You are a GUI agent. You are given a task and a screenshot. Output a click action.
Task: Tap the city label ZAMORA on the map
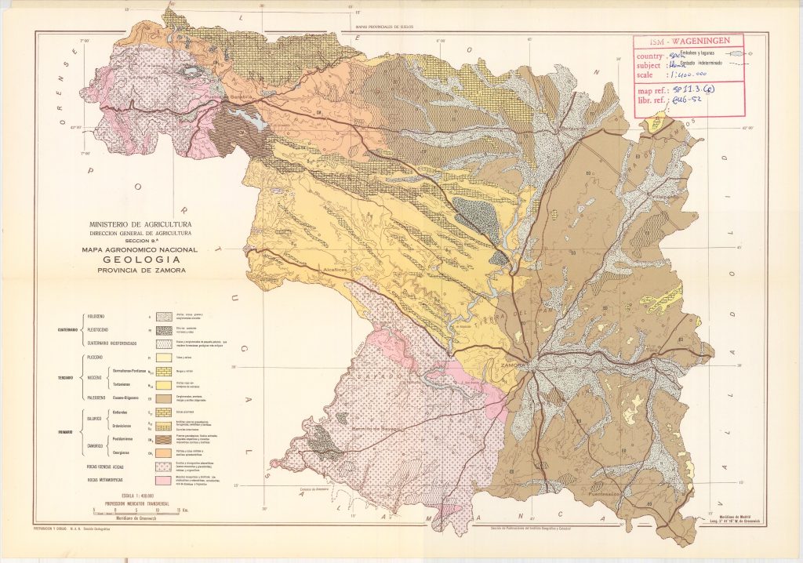point(512,365)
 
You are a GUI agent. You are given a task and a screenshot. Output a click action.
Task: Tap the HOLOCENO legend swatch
point(164,317)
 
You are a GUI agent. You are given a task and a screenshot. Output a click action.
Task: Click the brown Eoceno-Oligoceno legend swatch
point(164,398)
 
